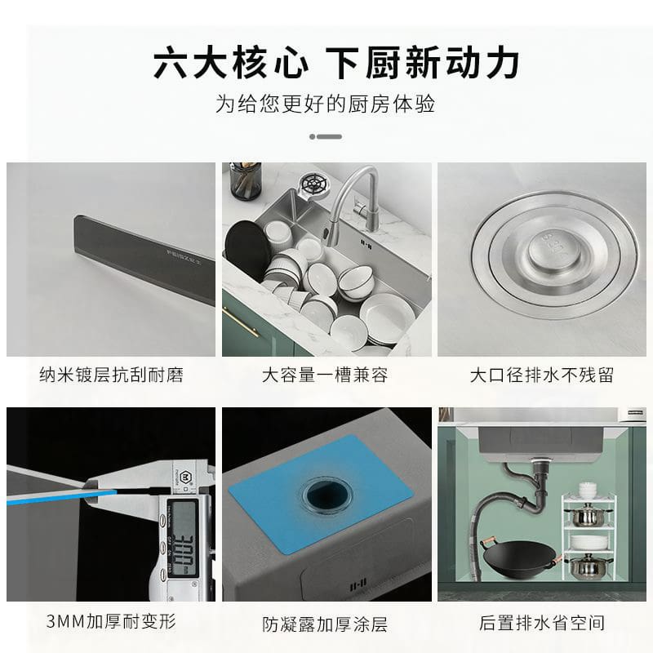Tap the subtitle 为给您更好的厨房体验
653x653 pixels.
326,104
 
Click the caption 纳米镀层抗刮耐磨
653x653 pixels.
111,375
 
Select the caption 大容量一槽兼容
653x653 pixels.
326,375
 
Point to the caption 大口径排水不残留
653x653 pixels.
541,375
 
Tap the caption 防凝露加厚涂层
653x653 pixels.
326,625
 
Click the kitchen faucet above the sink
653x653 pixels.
363,196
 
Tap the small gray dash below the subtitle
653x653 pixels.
326,136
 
